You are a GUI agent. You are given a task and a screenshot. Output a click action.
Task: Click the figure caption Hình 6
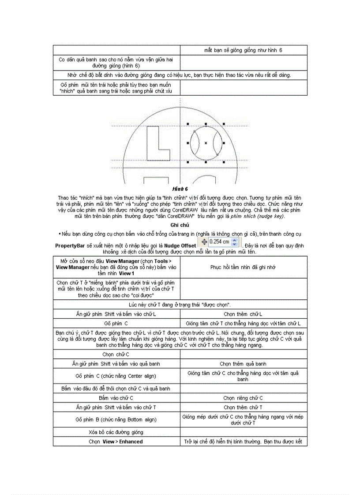180,189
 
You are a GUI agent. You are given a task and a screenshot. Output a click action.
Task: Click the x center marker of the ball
206,143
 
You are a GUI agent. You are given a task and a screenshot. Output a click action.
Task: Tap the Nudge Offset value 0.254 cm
219,242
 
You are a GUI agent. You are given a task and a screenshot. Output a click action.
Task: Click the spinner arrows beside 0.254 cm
234,242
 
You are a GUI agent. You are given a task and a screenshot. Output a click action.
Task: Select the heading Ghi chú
180,225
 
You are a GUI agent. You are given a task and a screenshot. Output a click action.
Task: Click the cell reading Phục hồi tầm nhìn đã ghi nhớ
243,267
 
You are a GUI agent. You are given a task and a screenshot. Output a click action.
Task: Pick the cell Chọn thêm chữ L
243,314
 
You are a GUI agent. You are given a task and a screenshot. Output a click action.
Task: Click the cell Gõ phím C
116,323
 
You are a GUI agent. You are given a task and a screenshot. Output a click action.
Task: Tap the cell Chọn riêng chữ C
243,398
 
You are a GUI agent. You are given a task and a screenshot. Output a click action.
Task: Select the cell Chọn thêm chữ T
243,407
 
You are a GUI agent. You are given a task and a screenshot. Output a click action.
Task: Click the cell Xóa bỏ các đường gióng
116,432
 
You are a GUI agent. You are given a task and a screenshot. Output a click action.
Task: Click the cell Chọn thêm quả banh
243,364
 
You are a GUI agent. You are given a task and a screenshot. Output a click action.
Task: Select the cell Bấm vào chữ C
116,398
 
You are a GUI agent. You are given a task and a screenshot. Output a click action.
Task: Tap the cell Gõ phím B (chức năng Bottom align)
116,420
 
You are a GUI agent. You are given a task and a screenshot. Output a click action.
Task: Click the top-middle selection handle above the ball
206,124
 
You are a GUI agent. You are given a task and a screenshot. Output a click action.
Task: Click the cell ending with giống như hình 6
243,50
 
